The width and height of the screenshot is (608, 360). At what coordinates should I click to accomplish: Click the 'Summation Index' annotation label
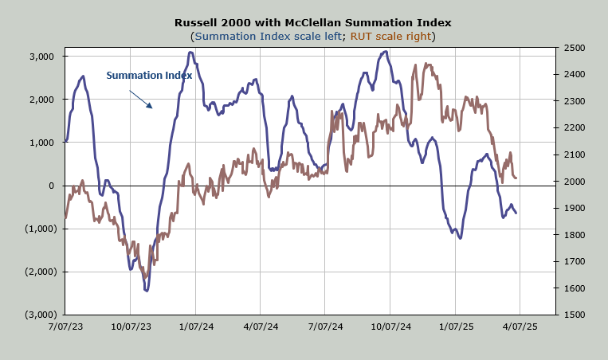click(149, 76)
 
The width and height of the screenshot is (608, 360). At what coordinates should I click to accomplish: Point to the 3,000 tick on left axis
click(40, 57)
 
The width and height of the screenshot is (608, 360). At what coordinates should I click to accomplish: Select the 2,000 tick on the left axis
click(40, 100)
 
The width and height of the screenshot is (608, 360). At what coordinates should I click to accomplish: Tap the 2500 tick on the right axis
click(574, 48)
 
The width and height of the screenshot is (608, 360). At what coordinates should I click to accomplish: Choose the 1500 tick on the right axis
click(574, 315)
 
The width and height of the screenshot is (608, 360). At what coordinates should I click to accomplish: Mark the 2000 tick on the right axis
click(574, 182)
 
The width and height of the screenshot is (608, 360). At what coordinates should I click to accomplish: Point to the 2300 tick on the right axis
click(574, 101)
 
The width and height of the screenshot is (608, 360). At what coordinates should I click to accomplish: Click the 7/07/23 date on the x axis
click(65, 326)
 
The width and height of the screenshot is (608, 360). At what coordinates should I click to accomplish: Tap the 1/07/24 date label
click(195, 326)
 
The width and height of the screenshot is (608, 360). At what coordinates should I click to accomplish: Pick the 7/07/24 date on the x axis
click(325, 326)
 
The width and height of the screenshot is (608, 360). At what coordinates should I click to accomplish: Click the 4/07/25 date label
click(520, 326)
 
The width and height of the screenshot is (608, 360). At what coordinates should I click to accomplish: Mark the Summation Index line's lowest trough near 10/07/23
click(147, 291)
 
